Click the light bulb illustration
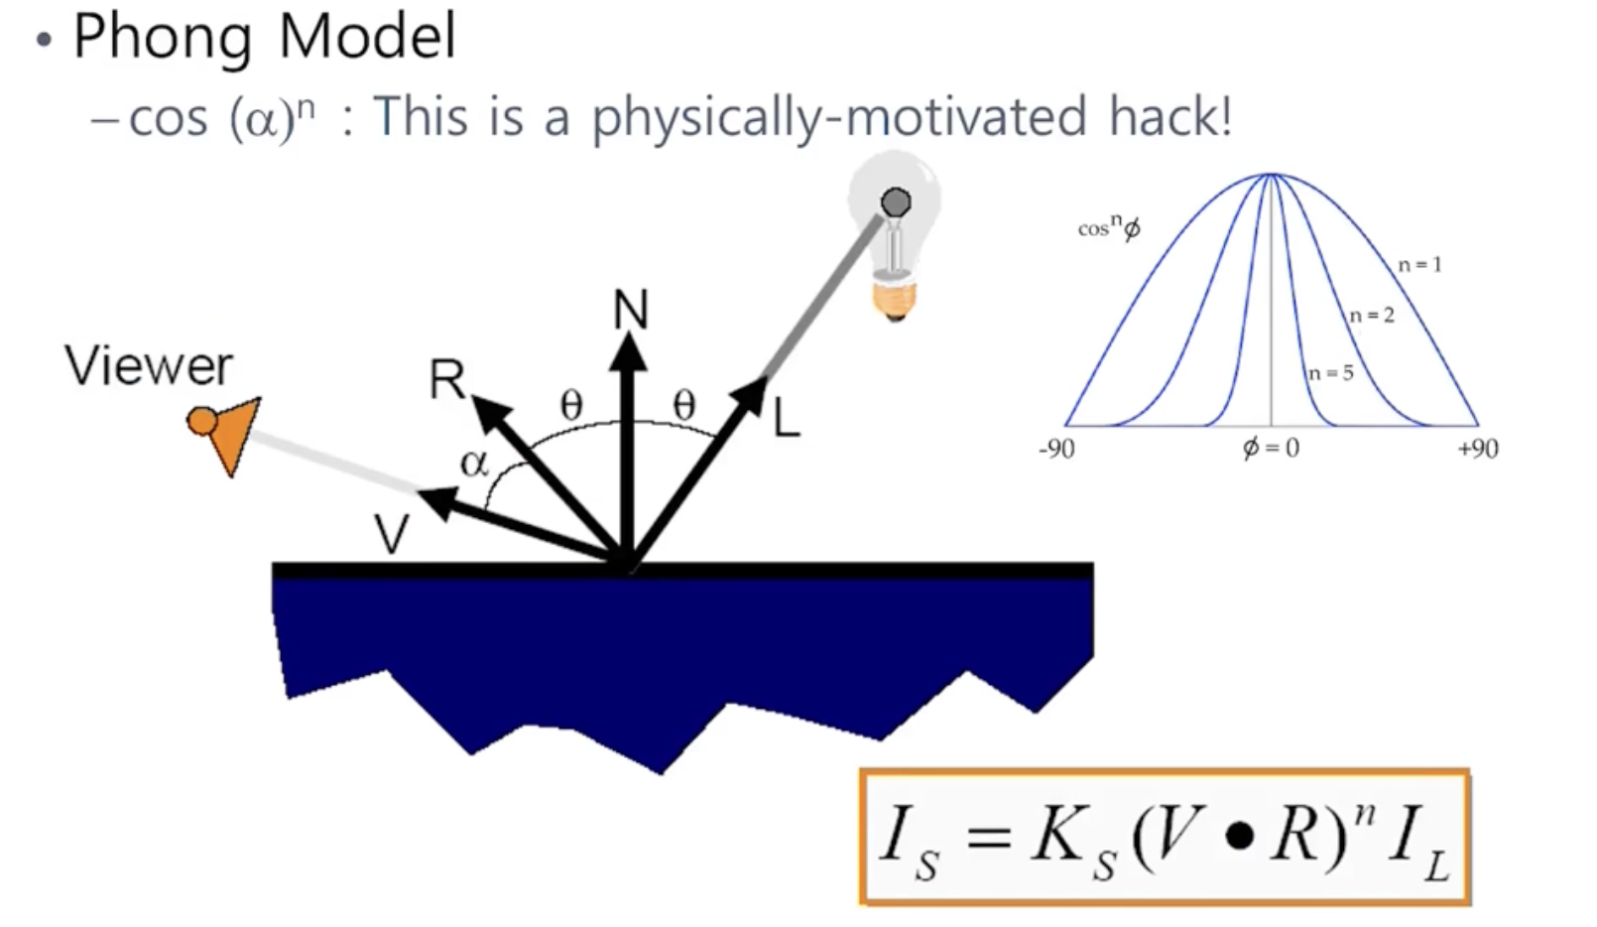tap(895, 238)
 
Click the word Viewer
tap(149, 366)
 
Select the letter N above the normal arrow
tap(631, 310)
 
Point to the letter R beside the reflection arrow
tap(446, 379)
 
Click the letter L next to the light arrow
tap(786, 420)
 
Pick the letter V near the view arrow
tap(392, 535)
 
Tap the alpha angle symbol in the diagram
tap(474, 463)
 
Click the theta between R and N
tap(571, 405)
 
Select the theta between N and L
tap(684, 405)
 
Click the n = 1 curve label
tap(1419, 265)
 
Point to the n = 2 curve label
tap(1372, 316)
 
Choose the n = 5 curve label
tap(1330, 374)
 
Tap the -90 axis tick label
tap(1056, 450)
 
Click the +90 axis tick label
tap(1477, 450)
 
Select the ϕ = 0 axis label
tap(1271, 449)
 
